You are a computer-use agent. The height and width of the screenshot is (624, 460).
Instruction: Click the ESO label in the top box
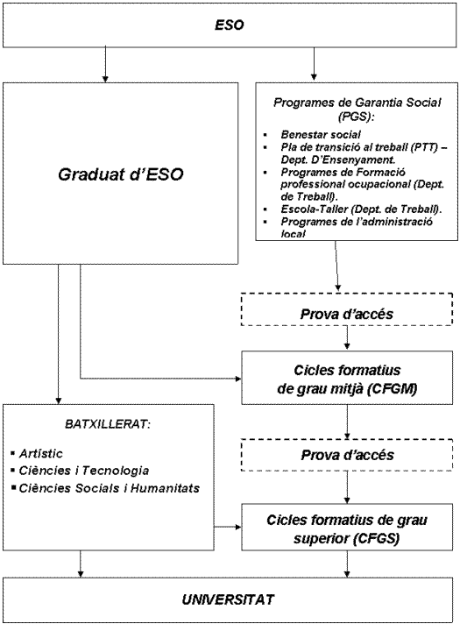click(230, 25)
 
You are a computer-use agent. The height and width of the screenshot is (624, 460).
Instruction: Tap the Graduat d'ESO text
click(121, 174)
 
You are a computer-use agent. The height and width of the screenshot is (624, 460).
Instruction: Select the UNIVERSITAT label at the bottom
click(228, 599)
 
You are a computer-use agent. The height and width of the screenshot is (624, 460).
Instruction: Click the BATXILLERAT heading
click(108, 424)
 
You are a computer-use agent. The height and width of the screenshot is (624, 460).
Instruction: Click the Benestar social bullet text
click(321, 134)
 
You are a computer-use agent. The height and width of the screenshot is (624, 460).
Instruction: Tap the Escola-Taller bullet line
click(361, 209)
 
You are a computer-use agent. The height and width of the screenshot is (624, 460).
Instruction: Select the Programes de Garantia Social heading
click(357, 109)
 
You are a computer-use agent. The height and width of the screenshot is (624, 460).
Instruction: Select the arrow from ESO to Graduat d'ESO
click(105, 65)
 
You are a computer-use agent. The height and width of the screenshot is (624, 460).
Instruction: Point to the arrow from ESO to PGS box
click(314, 64)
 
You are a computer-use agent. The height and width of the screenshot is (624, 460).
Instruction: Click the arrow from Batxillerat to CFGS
click(228, 528)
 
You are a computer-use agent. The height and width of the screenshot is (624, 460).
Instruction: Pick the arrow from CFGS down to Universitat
click(347, 564)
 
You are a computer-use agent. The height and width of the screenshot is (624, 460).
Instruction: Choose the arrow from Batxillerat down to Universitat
click(81, 564)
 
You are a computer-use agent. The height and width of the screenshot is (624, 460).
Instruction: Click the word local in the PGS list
click(293, 234)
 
